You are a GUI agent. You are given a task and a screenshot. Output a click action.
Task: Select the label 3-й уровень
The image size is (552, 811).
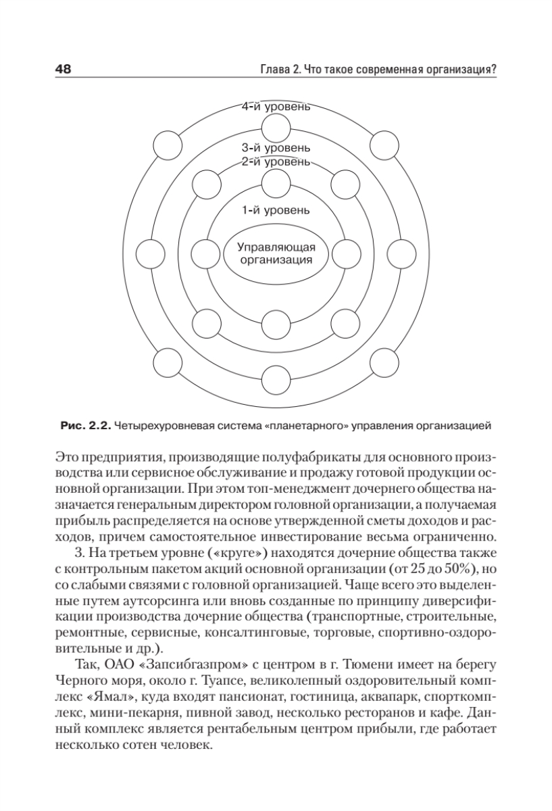pos(276,147)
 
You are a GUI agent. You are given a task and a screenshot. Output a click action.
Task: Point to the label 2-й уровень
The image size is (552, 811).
pos(276,162)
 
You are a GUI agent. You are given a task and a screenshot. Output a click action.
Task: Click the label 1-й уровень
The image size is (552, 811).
pos(276,210)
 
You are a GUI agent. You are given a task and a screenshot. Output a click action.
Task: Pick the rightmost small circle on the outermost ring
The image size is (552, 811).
pos(403,254)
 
